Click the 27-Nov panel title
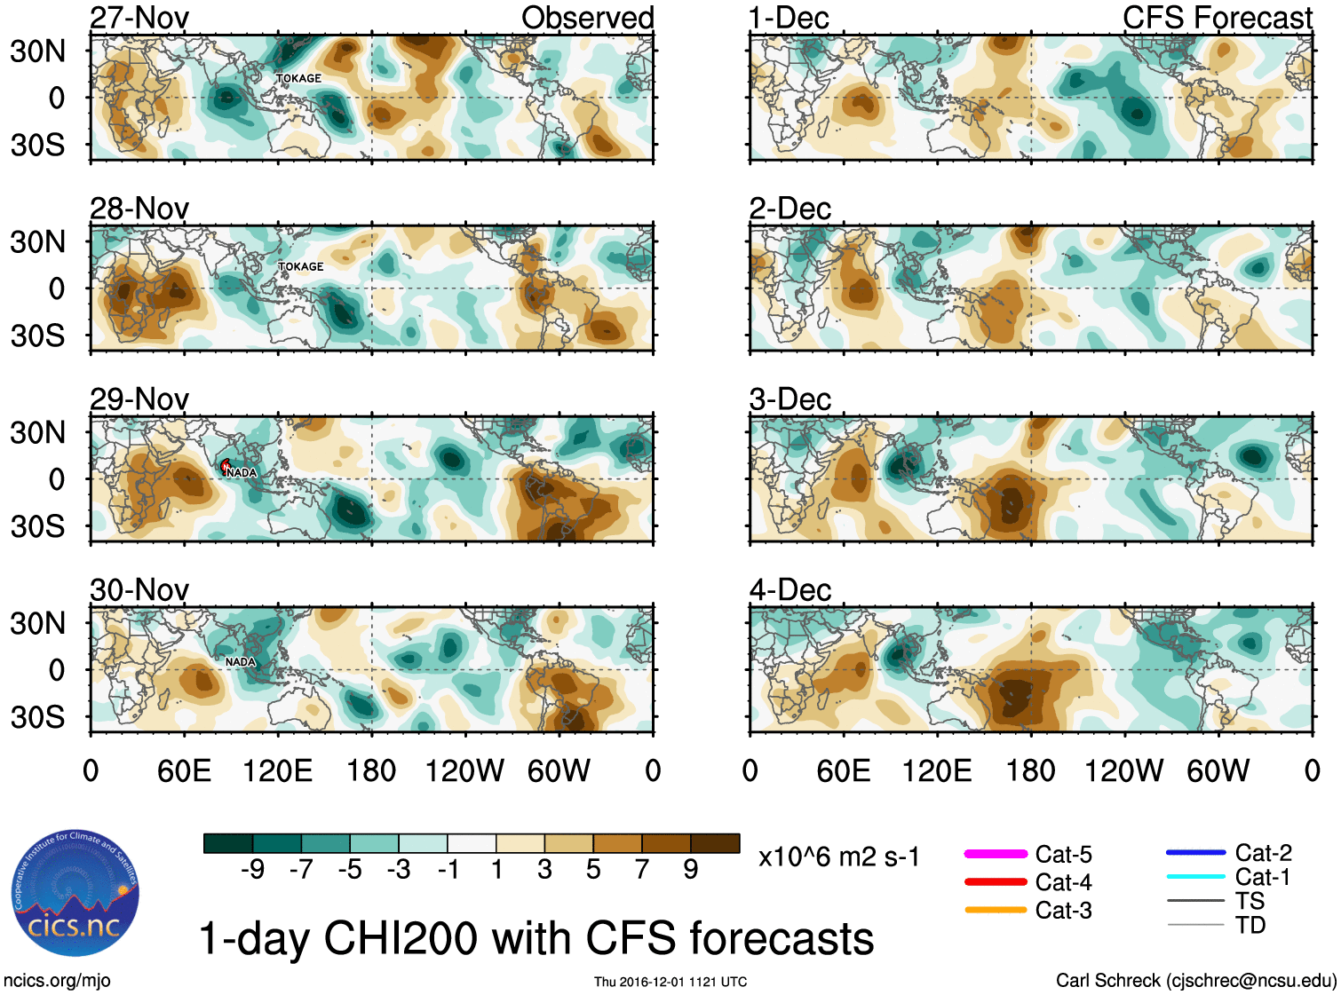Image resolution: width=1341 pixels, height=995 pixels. (139, 18)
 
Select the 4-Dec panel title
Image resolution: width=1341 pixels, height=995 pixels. (790, 590)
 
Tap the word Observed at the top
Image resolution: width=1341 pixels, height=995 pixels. (587, 18)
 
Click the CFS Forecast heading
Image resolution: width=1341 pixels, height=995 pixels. (1217, 18)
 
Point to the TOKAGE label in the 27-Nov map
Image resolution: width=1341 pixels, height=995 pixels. (298, 78)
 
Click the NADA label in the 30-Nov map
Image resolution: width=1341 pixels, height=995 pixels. (240, 662)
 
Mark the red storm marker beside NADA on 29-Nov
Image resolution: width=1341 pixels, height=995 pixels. (226, 465)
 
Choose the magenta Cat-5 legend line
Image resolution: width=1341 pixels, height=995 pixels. (996, 854)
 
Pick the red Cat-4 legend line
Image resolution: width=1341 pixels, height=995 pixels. (996, 882)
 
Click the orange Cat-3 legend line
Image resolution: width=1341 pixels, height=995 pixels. (996, 910)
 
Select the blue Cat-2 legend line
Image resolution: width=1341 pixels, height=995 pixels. (1195, 853)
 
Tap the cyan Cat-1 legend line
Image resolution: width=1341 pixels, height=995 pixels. (1195, 877)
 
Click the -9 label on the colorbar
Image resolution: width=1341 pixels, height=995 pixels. (252, 870)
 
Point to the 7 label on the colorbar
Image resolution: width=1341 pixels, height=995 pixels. (642, 870)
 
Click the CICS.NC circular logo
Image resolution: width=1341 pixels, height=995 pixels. (75, 894)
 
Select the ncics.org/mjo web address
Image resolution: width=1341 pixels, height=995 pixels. (57, 981)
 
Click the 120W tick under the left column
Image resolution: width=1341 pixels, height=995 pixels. (464, 770)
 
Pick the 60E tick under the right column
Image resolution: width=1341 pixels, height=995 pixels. (843, 770)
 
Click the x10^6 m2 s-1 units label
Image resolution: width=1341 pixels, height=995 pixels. (838, 857)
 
